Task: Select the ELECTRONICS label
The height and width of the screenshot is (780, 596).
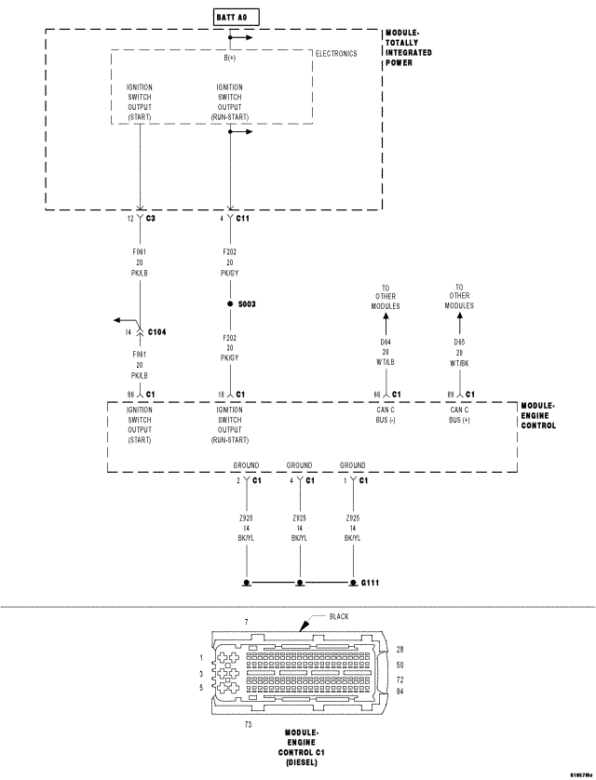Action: pyautogui.click(x=336, y=54)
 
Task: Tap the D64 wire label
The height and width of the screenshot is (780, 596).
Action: pyautogui.click(x=386, y=342)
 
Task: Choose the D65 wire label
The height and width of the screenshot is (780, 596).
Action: pyautogui.click(x=459, y=342)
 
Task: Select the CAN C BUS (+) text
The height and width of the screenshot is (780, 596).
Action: pyautogui.click(x=459, y=414)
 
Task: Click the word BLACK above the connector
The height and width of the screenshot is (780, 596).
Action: pyautogui.click(x=338, y=616)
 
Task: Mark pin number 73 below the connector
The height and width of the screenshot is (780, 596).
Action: pyautogui.click(x=248, y=722)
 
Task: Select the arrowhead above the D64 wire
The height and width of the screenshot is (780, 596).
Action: pyautogui.click(x=386, y=317)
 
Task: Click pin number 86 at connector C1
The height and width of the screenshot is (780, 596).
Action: pyautogui.click(x=131, y=394)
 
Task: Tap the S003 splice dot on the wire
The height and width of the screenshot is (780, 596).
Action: pyautogui.click(x=230, y=304)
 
